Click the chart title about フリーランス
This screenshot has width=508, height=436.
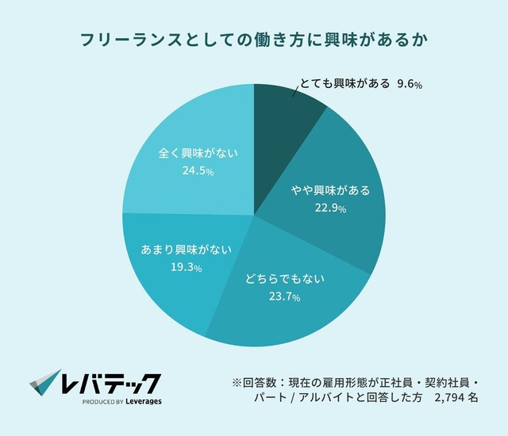(254, 39)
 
